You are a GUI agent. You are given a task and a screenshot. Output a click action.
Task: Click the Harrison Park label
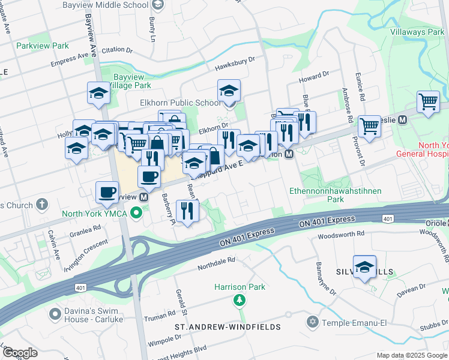240,287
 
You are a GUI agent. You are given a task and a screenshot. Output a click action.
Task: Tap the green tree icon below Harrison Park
240,299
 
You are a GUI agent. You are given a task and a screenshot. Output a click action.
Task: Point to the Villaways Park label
417,32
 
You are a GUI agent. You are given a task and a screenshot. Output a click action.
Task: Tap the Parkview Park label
43,46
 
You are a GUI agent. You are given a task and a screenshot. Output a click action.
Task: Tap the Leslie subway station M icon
420,119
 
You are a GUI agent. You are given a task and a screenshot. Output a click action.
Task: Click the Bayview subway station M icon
144,196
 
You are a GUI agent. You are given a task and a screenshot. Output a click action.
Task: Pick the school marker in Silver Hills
364,266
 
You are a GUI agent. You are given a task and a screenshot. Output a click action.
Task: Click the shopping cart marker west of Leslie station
369,126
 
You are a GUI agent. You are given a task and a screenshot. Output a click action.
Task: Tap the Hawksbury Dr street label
235,59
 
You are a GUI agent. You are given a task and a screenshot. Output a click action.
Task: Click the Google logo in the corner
20,353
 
